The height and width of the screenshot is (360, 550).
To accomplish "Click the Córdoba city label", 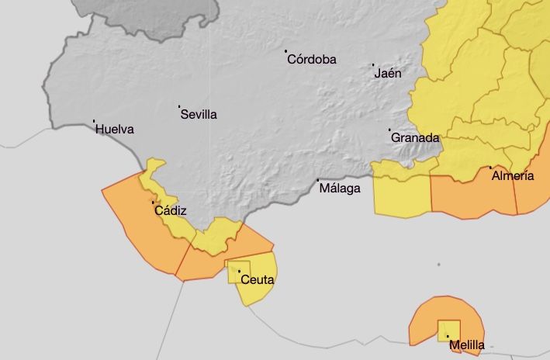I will coord(311,59).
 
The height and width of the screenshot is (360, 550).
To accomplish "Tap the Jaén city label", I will coord(387,74).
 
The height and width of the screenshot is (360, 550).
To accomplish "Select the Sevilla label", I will coord(199,114).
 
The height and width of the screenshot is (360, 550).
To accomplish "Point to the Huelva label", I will coord(115,130).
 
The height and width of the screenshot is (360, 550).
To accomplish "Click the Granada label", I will coord(415,137).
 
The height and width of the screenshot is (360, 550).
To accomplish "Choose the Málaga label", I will coord(341,188).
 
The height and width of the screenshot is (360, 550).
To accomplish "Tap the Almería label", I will coord(513,176).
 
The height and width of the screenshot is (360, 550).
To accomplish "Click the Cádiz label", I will coord(171,210).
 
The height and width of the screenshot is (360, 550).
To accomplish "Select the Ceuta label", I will coord(258,280).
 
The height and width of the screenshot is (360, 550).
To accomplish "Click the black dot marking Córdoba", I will coord(285,51).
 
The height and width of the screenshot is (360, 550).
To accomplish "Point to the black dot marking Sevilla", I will coord(179,106).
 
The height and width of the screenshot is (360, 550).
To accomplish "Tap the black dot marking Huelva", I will coord(94,121).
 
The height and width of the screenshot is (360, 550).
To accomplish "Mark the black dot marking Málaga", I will coord(319,180).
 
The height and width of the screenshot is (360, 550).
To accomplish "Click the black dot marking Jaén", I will coord(373,65).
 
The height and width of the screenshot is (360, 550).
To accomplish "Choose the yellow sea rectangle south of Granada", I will coord(401,194).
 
